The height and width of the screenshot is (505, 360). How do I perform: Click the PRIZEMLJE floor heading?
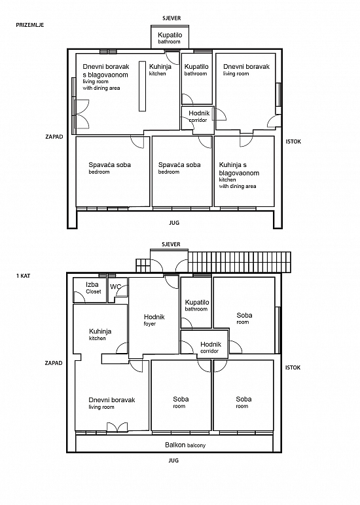(30, 25)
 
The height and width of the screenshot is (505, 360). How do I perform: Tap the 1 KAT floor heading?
(23, 276)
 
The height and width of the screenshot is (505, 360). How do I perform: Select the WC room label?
(115, 287)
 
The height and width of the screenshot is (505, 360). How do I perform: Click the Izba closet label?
(93, 288)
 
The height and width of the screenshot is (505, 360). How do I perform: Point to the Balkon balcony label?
(185, 445)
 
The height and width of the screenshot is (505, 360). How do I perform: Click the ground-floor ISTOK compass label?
(293, 141)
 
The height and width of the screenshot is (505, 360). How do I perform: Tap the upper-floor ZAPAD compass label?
(54, 363)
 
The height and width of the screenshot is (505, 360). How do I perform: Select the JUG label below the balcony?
(173, 460)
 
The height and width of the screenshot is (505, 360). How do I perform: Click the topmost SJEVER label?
(171, 18)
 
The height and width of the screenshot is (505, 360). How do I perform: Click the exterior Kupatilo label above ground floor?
(170, 38)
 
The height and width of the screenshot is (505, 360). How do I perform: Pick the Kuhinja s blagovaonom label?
(239, 175)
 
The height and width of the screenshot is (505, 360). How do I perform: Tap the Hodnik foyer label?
(154, 320)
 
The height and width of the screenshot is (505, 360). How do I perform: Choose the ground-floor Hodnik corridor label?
(199, 117)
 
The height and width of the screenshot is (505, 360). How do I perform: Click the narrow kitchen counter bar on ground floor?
(142, 86)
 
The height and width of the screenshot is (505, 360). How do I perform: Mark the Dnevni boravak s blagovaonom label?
(106, 77)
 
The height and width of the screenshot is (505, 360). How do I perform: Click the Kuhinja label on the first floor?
(100, 334)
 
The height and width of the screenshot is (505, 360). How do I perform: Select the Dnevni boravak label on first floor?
(112, 403)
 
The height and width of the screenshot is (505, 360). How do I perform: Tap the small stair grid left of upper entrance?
(143, 265)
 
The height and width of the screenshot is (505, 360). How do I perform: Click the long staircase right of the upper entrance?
(240, 262)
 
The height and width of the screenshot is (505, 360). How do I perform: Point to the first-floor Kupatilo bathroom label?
(197, 305)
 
